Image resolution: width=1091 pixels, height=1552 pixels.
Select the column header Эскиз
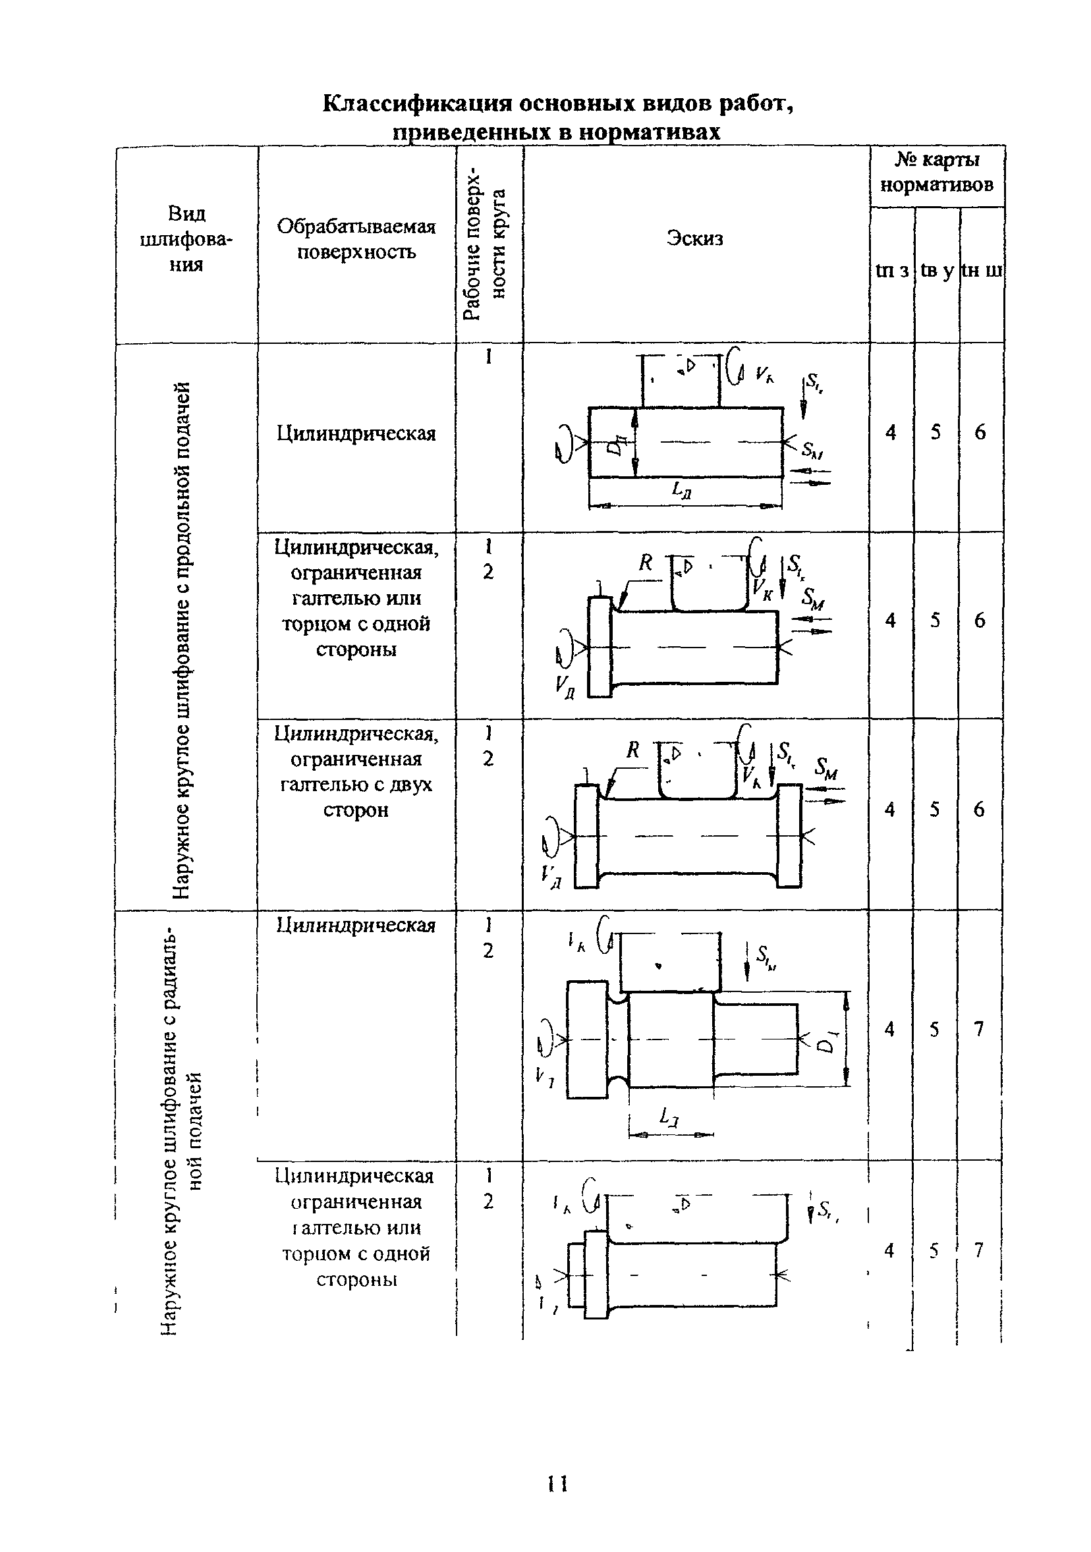click(694, 238)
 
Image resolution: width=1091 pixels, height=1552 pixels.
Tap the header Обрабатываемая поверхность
click(356, 238)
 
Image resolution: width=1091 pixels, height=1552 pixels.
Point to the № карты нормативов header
click(936, 173)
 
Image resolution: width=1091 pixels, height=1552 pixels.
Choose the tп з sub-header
click(891, 270)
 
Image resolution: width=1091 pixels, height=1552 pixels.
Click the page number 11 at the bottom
click(557, 1483)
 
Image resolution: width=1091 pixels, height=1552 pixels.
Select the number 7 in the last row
click(978, 1250)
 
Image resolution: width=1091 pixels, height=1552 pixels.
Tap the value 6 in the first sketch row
click(980, 432)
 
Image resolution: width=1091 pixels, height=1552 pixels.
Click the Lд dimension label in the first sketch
click(681, 489)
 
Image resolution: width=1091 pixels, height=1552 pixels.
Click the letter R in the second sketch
click(645, 562)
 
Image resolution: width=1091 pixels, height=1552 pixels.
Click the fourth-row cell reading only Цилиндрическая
click(356, 925)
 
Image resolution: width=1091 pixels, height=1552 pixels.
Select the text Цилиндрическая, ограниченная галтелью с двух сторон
click(356, 771)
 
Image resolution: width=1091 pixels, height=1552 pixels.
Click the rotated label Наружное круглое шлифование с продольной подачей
click(181, 640)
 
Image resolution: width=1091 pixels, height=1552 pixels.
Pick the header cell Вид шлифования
click(186, 238)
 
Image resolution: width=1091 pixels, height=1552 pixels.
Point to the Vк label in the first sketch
click(764, 374)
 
